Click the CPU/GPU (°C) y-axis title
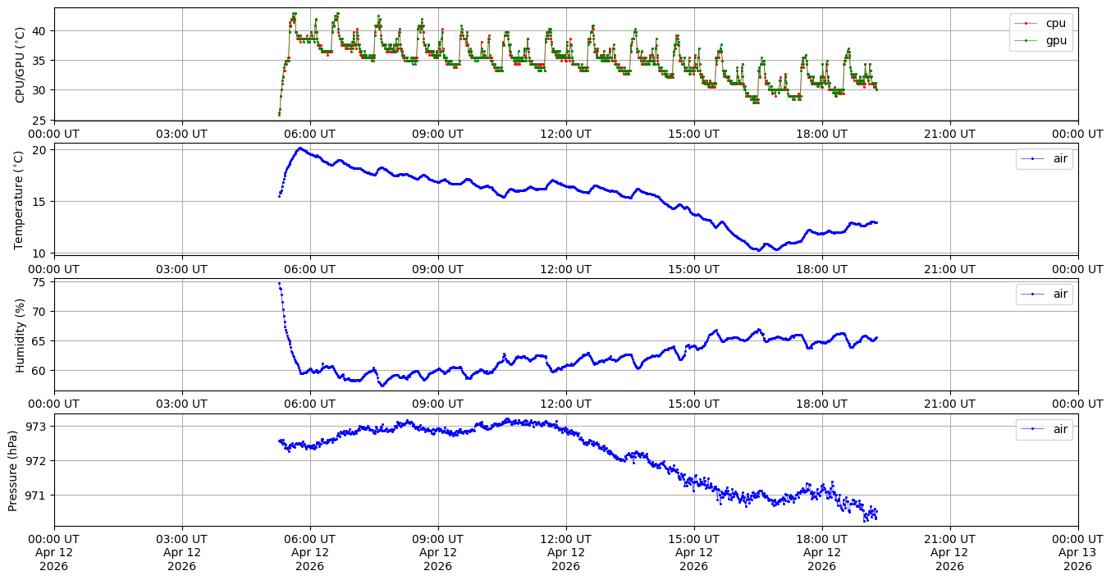21,65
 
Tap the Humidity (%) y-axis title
21,335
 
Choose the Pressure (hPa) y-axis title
13,470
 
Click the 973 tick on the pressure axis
38,427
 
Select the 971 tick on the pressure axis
38,496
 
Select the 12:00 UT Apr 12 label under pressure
566,552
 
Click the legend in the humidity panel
1044,294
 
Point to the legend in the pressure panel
1044,429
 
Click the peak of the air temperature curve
300,148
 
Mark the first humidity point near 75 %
279,283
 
